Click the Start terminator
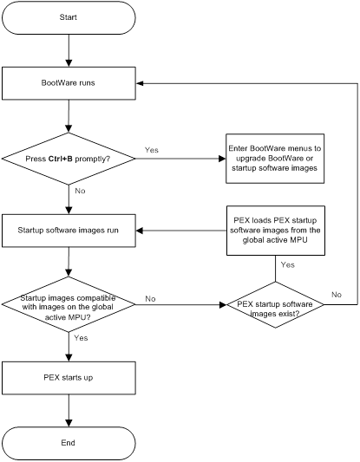(69, 17)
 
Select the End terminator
(69, 443)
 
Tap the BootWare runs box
(69, 83)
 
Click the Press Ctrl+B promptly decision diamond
(69, 159)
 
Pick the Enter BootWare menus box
(275, 159)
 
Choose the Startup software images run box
(69, 231)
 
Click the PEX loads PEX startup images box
(276, 231)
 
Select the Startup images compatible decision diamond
(69, 304)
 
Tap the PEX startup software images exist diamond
(275, 304)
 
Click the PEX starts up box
(69, 378)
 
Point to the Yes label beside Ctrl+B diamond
(152, 150)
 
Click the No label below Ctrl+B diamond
(80, 191)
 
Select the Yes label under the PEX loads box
(287, 265)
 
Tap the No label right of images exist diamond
(337, 295)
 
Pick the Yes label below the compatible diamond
(81, 338)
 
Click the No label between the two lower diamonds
(150, 299)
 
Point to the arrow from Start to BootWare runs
(69, 50)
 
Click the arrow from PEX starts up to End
(69, 411)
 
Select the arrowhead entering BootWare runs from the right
(140, 83)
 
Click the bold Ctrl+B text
(61, 159)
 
